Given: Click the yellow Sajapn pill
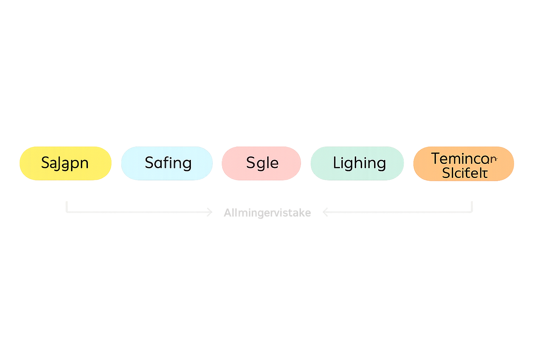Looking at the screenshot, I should coord(65,163).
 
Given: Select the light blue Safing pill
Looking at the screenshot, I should coord(167,163).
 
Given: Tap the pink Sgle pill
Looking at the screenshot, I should coord(261,163).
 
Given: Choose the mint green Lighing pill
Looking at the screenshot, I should coord(357,163).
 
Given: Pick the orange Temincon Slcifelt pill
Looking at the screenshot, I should coord(463,164).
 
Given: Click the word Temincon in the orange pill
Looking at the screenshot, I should coord(464,159).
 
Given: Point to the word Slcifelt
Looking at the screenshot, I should coord(465,173).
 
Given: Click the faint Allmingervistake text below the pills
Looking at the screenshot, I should coord(267,213).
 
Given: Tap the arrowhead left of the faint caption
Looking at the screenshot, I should coord(210,212).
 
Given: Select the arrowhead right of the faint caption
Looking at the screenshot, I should coord(325,212).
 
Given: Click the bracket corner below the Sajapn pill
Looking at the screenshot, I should coord(66,212).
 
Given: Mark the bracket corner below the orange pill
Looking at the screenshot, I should coord(472,212).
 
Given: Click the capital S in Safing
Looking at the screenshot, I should coord(149,163).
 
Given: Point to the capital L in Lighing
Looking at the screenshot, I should coord(336,163).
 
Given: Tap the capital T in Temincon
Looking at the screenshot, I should coord(436,159).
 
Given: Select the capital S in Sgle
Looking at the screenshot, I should coord(251,163).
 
